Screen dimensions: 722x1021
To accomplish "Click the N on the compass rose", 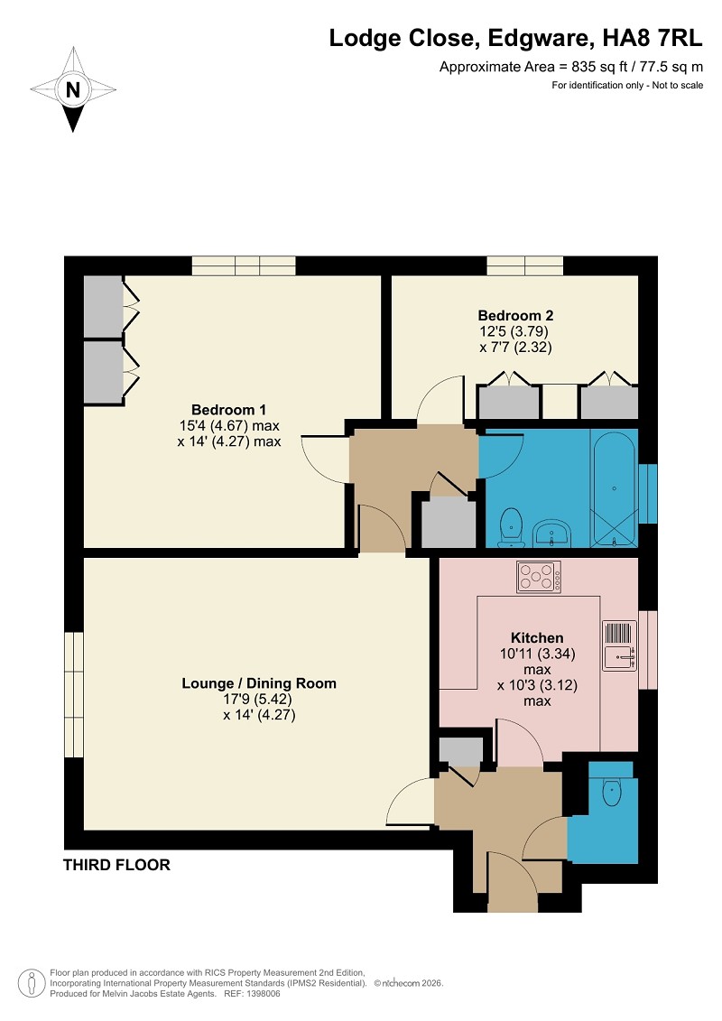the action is pyautogui.click(x=73, y=90).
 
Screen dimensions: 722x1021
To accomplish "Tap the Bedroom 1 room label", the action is pyautogui.click(x=228, y=410).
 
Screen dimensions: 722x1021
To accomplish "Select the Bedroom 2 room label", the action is pyautogui.click(x=515, y=315).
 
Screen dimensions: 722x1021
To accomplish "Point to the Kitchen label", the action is pyautogui.click(x=537, y=637).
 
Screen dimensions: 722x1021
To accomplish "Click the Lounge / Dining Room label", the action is pyautogui.click(x=259, y=683).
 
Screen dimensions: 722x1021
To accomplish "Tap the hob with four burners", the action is pyautogui.click(x=539, y=577).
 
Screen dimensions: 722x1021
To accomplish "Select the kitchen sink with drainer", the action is pyautogui.click(x=619, y=645).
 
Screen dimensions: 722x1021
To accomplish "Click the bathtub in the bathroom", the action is pyautogui.click(x=615, y=487).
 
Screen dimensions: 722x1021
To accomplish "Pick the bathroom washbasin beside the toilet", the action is pyautogui.click(x=551, y=533).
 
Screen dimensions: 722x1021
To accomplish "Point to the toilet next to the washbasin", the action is pyautogui.click(x=511, y=527).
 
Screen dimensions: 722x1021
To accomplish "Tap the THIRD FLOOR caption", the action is pyautogui.click(x=116, y=865).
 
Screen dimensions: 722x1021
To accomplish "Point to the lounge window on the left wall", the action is pyautogui.click(x=74, y=694).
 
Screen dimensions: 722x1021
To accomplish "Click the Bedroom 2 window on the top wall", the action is pyautogui.click(x=525, y=265).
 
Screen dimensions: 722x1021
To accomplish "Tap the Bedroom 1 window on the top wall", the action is pyautogui.click(x=244, y=265).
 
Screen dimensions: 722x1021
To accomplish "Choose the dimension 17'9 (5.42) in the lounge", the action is pyautogui.click(x=258, y=700).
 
